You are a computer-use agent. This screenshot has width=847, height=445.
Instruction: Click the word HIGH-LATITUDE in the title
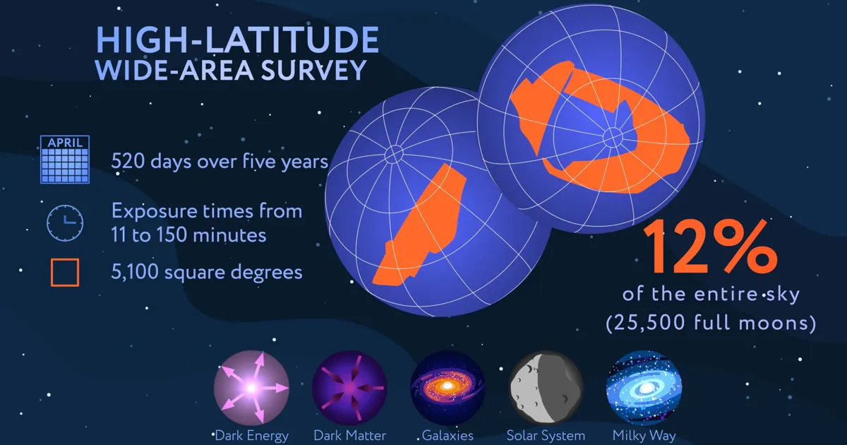pos(237,40)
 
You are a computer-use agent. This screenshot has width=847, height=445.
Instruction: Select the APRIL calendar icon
pos(65,160)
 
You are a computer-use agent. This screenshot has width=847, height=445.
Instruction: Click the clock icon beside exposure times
pos(65,223)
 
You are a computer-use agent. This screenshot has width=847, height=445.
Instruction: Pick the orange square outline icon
pos(65,273)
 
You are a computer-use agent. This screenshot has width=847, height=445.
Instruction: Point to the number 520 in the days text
pos(128,162)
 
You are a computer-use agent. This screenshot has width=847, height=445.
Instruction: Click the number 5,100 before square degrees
pos(134,273)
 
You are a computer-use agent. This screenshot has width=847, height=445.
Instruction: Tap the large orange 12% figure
pos(711,247)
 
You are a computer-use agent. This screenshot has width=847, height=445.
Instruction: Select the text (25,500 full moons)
pos(711,323)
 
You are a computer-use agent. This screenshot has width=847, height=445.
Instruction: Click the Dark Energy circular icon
pos(251,388)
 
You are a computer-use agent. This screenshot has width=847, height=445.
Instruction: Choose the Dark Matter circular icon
pos(350,388)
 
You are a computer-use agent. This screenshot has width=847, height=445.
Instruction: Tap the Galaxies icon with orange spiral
pos(447,388)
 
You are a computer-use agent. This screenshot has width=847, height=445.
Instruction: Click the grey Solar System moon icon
pos(546,388)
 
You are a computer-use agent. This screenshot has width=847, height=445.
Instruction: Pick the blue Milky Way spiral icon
pos(644,388)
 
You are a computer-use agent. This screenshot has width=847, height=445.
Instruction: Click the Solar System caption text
pos(546,436)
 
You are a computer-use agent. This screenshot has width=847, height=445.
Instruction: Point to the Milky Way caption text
pos(644,436)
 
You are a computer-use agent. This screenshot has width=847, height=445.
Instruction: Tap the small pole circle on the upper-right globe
pos(613,137)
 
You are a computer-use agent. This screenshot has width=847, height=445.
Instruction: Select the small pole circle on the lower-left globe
pos(394,154)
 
